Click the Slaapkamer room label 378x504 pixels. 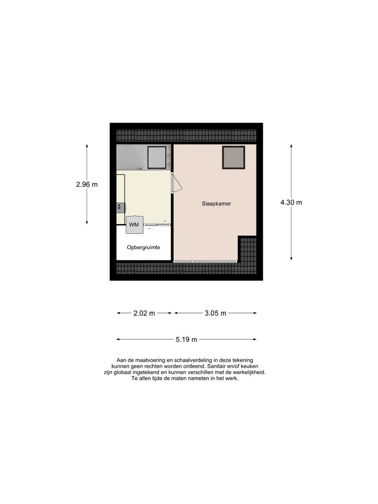point(216,203)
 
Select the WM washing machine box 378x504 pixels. point(134,224)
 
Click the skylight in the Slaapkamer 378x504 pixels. point(233,157)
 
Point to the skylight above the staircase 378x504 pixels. point(157,157)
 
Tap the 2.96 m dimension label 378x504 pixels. point(87,185)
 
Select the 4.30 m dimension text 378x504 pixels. point(291,202)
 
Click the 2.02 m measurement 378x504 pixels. point(144,313)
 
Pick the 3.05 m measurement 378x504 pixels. point(215,313)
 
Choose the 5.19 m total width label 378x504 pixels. point(186,339)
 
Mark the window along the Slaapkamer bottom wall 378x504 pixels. point(206,261)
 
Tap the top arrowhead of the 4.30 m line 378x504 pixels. point(291,146)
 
